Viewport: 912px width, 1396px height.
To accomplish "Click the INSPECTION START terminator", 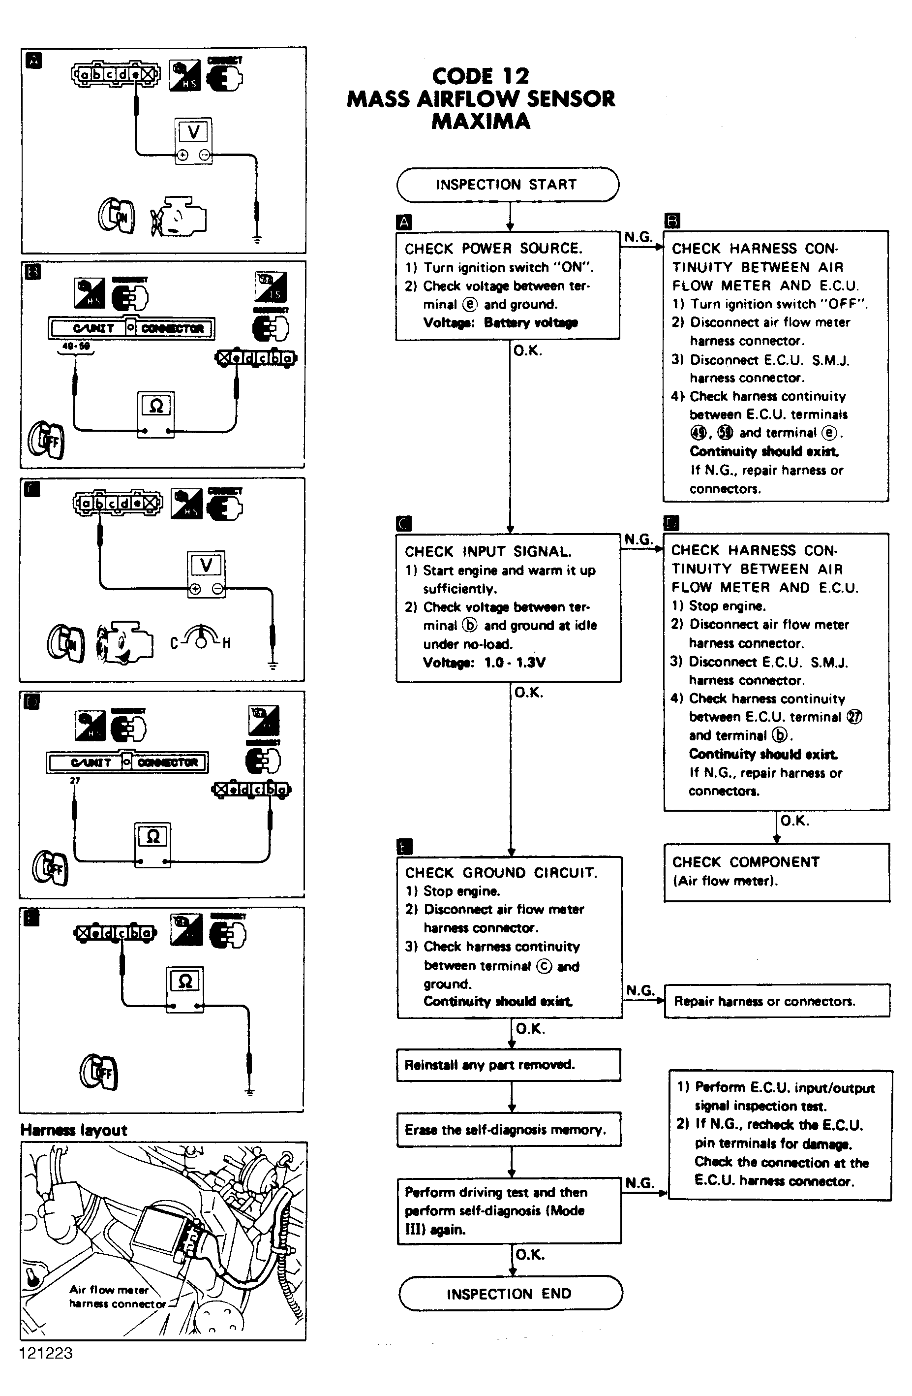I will click(x=507, y=185).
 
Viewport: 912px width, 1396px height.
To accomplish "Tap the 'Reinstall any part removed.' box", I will click(x=508, y=1065).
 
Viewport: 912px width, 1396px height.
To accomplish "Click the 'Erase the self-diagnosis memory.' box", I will click(x=508, y=1129).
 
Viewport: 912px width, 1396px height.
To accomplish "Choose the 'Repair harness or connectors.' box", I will click(x=776, y=1001).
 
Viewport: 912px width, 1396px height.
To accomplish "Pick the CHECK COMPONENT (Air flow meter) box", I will click(x=776, y=871).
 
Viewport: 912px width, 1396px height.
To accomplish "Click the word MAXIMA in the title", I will click(x=481, y=122).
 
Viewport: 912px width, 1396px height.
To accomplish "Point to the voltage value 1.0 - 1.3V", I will click(x=515, y=663).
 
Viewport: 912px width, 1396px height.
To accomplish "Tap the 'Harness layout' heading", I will click(x=74, y=1130).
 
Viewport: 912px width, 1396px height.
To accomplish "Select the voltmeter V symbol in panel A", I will click(x=193, y=132).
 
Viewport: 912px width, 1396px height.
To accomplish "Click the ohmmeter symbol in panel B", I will click(x=156, y=406).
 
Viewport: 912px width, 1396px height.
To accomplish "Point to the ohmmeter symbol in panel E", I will click(x=185, y=982).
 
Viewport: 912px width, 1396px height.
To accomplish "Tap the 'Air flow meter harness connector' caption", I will click(x=117, y=1296).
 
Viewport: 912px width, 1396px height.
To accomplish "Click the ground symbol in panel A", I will click(x=257, y=239).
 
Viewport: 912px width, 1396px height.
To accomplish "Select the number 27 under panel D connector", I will click(x=74, y=781).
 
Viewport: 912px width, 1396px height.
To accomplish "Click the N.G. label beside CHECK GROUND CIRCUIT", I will click(x=639, y=990).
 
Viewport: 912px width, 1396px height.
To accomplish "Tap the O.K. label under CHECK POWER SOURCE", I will click(x=527, y=351).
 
